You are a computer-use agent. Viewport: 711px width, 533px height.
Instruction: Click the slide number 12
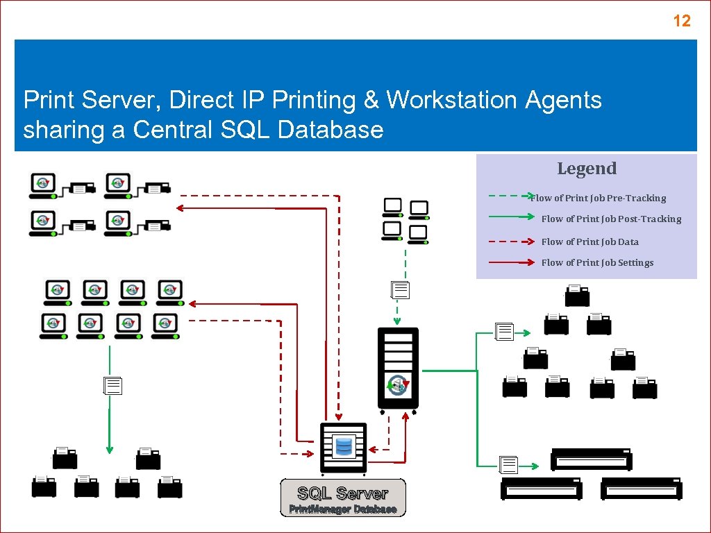tap(682, 21)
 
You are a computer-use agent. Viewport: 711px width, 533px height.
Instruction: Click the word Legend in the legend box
tap(587, 169)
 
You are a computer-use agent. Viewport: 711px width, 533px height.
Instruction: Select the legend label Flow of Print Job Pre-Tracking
tap(598, 198)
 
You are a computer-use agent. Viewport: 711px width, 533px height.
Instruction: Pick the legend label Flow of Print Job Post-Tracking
tap(611, 219)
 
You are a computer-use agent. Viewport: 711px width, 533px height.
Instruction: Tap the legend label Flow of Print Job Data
tap(589, 242)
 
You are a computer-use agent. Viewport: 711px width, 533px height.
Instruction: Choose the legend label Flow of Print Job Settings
tap(597, 263)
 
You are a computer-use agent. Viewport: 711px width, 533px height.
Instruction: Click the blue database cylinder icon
tap(343, 446)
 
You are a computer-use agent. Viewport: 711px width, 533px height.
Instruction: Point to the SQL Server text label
tap(342, 493)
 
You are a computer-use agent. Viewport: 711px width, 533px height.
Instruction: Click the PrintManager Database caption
tap(343, 509)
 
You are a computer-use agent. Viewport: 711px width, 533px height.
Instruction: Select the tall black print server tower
tap(398, 369)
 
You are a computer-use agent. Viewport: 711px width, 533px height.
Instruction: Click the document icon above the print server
tap(401, 290)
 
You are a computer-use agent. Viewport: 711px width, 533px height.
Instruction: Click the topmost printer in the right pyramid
tap(577, 296)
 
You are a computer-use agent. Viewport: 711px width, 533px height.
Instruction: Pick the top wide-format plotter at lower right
tap(592, 459)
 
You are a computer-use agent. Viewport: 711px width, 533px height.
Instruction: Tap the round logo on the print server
tap(399, 384)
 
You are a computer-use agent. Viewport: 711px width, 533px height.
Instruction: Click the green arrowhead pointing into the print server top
tap(397, 321)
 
